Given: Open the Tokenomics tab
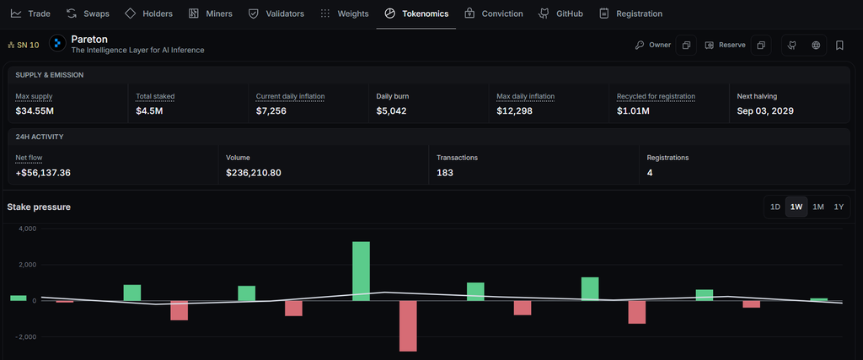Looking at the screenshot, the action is (416, 13).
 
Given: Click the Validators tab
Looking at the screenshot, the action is (276, 13).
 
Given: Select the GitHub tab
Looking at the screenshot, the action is (560, 13).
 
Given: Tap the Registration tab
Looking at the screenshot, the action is (630, 13).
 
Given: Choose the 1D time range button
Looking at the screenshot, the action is (775, 207).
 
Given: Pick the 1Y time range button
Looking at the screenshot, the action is (839, 207).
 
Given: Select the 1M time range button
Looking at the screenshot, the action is (817, 207).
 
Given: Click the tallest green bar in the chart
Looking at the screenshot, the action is (361, 271).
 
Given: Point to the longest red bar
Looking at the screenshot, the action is (408, 326).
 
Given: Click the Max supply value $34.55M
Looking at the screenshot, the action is (35, 111).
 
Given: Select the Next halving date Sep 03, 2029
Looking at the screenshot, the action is (765, 111).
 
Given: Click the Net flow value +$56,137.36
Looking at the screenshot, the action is (43, 173).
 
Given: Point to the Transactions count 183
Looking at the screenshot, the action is (445, 173).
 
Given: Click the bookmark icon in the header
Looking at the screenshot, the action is (839, 46).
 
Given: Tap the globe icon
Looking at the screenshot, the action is (816, 46).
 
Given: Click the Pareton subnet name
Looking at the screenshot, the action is (89, 40).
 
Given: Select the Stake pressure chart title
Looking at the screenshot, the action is (39, 207).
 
